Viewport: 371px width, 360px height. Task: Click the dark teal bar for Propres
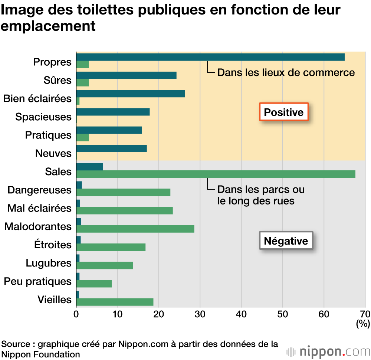[x=210, y=57]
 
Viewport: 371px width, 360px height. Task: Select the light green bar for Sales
[x=216, y=174]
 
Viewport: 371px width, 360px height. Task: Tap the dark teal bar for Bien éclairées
[x=130, y=94]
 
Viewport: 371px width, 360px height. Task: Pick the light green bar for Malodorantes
[x=135, y=229]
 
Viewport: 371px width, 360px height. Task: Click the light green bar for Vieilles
[x=115, y=302]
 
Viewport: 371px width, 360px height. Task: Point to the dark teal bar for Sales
[x=89, y=167]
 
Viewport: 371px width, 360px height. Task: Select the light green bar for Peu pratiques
[x=94, y=284]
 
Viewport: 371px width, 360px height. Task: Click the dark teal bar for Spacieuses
[x=113, y=112]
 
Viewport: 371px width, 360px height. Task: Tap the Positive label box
[x=283, y=112]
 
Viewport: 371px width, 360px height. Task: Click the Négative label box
[x=286, y=241]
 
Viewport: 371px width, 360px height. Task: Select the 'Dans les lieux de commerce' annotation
[x=286, y=72]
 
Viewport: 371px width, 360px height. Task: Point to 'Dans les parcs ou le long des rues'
[x=261, y=195]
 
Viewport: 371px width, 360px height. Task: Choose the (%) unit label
[x=363, y=324]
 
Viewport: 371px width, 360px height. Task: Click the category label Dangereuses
[x=39, y=190]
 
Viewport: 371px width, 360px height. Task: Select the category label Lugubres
[x=48, y=263]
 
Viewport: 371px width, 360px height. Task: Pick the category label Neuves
[x=53, y=153]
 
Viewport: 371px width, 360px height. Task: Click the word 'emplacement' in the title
[x=48, y=26]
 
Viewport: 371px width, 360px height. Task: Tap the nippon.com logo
[x=328, y=351]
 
